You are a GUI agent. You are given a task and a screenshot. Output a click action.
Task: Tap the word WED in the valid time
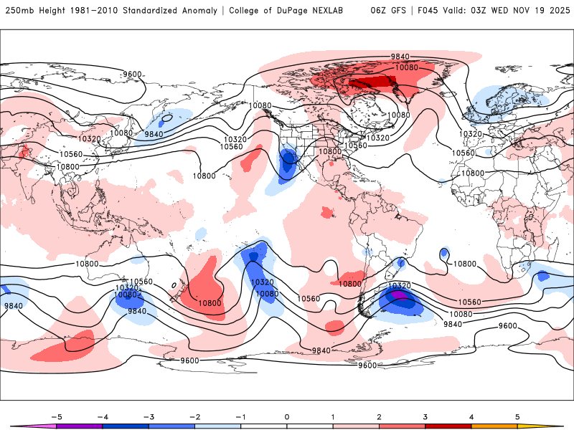click(x=500, y=11)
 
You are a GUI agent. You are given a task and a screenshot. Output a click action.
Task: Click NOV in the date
click(x=524, y=11)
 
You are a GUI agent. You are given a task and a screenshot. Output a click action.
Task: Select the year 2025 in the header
click(x=556, y=11)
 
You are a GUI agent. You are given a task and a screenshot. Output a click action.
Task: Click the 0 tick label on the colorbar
click(x=286, y=416)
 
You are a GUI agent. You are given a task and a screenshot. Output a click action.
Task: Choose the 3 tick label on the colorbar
click(x=425, y=416)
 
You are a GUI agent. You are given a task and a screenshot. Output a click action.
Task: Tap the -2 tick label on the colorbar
click(x=194, y=416)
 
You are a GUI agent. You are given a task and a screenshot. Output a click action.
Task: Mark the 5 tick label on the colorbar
click(x=517, y=416)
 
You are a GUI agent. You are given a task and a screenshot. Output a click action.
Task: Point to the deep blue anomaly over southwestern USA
click(x=289, y=161)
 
